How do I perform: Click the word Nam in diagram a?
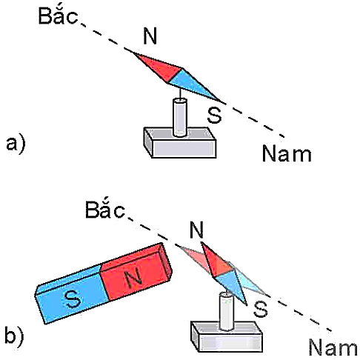287,153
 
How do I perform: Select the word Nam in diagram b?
333,347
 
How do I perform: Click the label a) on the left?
16,144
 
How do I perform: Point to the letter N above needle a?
150,36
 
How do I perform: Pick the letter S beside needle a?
214,116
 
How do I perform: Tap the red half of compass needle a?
161,67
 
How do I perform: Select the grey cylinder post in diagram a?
179,117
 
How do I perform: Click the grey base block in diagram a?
180,143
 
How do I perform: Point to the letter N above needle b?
196,230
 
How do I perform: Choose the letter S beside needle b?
261,309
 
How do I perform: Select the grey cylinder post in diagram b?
227,311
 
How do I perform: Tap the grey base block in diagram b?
227,337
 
